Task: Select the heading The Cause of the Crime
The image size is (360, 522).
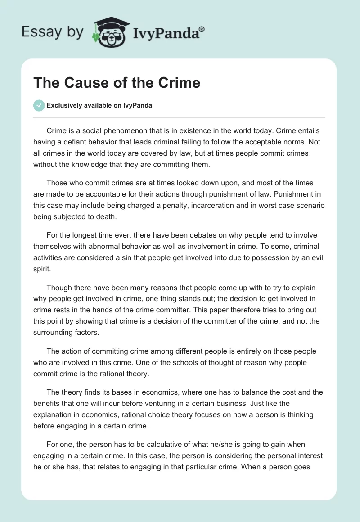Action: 117,83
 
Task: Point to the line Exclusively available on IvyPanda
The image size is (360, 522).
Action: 99,106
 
